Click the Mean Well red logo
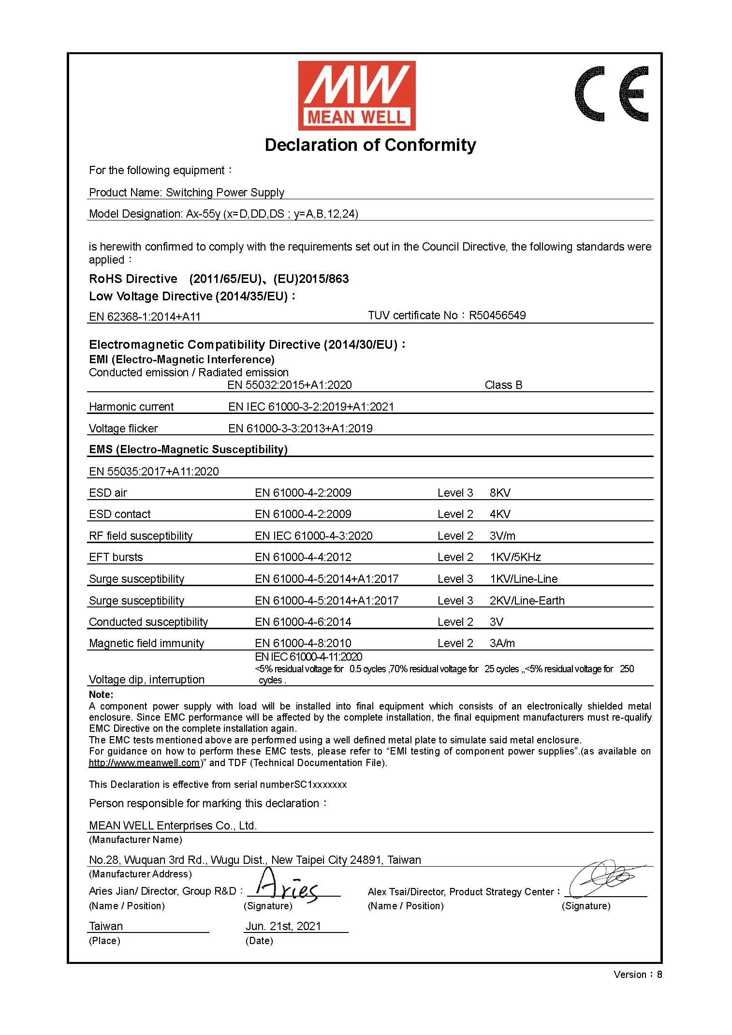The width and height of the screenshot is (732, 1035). click(356, 95)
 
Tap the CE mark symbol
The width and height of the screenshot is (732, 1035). click(611, 94)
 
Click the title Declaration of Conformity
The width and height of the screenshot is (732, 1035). click(370, 145)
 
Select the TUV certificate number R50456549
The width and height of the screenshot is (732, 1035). click(497, 315)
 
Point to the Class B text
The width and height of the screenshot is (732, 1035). click(503, 385)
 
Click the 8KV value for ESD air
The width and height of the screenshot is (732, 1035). click(500, 493)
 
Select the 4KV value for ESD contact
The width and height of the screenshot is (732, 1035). click(500, 514)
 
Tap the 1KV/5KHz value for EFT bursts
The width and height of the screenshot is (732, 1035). click(515, 557)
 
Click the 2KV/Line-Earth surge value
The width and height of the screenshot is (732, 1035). click(527, 601)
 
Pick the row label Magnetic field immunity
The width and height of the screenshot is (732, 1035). click(146, 643)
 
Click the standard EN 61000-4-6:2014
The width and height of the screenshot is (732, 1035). click(303, 622)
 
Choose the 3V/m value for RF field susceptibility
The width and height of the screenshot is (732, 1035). click(502, 536)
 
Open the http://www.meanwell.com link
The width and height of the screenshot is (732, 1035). click(144, 763)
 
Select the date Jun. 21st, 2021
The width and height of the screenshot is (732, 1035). click(283, 926)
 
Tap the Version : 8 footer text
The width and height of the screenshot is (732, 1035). click(637, 975)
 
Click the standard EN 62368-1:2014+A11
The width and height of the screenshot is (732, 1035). click(145, 317)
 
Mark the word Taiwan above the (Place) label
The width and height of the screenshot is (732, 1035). click(106, 926)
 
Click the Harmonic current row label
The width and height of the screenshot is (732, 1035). click(131, 407)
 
